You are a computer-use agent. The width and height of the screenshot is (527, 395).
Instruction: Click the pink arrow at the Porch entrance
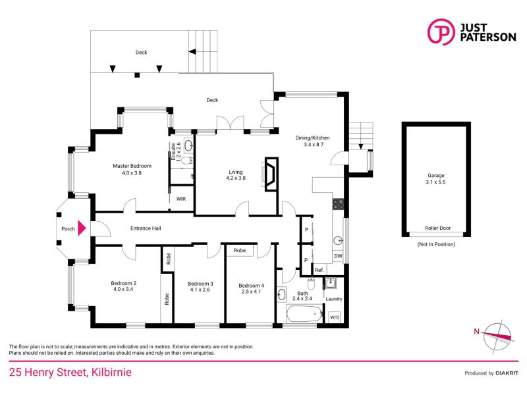pos(82,228)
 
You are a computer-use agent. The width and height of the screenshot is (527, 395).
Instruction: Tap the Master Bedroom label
pos(132,169)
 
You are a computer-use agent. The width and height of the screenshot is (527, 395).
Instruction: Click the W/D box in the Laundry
pos(335,317)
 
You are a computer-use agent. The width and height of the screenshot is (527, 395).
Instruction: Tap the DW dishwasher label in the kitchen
pos(338,255)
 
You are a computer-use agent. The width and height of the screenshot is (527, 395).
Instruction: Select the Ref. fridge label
pos(319,270)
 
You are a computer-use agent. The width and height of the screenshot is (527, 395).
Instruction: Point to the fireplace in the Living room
pos(270,174)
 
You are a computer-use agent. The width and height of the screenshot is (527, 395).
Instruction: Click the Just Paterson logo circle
pos(440,32)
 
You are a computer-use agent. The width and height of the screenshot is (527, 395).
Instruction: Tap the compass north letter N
pos(476,331)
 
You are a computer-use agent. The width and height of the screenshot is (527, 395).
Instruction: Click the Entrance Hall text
pos(146,228)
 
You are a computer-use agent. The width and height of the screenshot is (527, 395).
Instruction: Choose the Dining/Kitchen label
pos(312,141)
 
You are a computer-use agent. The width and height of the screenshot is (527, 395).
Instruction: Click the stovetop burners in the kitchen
pos(338,204)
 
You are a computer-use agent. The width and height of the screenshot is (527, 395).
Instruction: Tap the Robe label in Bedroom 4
pos(240,251)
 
